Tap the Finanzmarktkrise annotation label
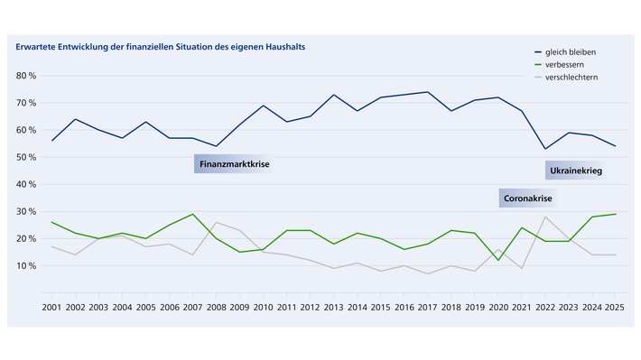[234, 165]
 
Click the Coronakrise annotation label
[528, 198]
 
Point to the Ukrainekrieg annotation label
[574, 171]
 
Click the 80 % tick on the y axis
[24, 76]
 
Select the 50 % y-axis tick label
[24, 157]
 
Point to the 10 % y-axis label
[24, 266]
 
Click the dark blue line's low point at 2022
[545, 149]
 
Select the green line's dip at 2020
[498, 260]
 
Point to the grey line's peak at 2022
[545, 217]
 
